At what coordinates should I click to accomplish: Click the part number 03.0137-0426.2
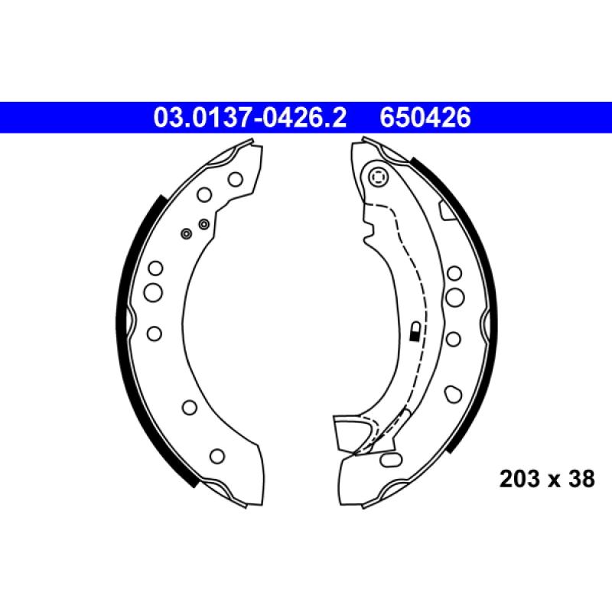tap(251, 118)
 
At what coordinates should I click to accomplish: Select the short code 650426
tap(425, 118)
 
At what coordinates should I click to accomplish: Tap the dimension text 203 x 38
tap(546, 480)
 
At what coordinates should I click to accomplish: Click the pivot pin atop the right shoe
tap(376, 178)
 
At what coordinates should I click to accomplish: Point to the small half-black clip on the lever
tap(414, 331)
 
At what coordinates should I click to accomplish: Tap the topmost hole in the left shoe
tap(236, 179)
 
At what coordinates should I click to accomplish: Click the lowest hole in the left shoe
tap(217, 456)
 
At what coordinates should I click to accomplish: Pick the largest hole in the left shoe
tap(154, 291)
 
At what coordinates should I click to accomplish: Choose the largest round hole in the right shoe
tap(454, 296)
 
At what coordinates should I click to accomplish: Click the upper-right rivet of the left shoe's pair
tap(203, 223)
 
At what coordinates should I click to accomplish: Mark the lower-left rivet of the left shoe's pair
tap(185, 233)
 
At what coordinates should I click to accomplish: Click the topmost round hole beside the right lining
tap(454, 272)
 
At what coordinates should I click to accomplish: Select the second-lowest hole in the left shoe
tap(188, 406)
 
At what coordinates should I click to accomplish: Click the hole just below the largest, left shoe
tap(154, 333)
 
